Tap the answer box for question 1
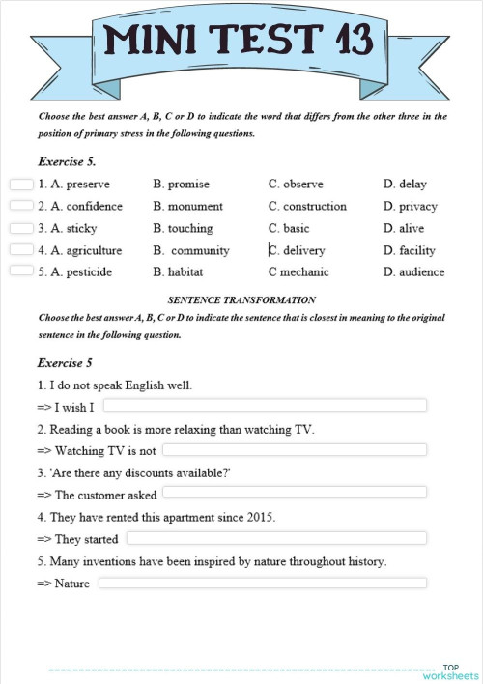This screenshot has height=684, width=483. click(x=21, y=184)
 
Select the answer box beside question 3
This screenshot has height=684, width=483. click(x=21, y=228)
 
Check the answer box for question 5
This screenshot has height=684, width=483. click(x=21, y=271)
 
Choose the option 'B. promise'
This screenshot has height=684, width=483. click(x=181, y=184)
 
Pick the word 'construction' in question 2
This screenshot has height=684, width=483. click(x=315, y=206)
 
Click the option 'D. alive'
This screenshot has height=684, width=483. click(x=404, y=228)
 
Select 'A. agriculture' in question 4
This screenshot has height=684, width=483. click(x=80, y=250)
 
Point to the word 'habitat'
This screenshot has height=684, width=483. click(x=185, y=271)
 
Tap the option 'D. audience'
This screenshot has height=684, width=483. click(x=413, y=271)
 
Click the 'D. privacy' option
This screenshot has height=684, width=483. click(x=410, y=206)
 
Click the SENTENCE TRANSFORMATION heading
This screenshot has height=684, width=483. click(x=241, y=300)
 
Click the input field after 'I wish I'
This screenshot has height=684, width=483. click(x=264, y=405)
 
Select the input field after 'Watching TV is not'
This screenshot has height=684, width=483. click(x=294, y=450)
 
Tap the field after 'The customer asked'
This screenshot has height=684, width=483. click(x=294, y=494)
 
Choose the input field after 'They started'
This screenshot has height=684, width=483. click(x=276, y=538)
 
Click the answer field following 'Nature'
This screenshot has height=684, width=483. click(x=262, y=583)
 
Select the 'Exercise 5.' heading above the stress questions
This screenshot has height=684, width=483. click(x=66, y=161)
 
